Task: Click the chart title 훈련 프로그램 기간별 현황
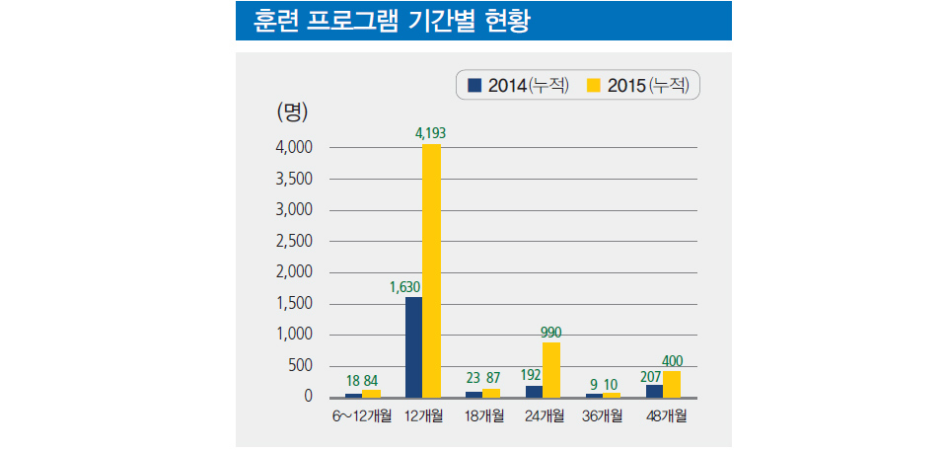392,21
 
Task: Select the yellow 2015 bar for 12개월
431,270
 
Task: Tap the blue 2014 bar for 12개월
413,346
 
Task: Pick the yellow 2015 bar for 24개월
550,369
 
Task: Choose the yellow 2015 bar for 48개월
672,384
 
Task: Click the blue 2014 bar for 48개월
654,391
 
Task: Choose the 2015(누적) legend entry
642,86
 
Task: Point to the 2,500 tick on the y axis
294,241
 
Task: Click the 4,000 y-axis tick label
294,147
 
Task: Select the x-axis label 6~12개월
361,415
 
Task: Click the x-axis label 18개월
481,415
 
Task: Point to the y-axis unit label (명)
293,111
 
